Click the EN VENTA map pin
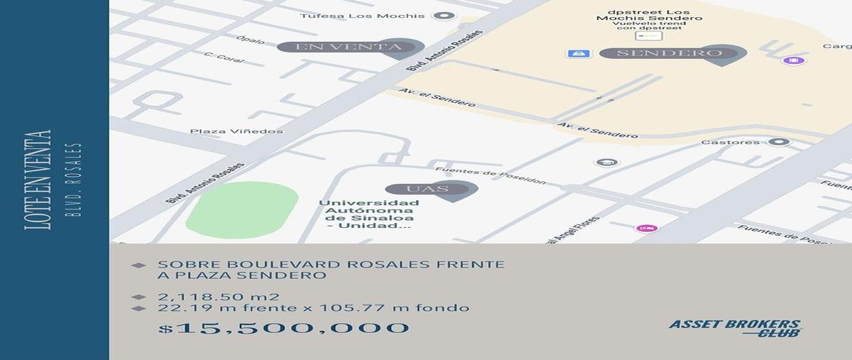[349, 48]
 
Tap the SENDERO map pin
[672, 53]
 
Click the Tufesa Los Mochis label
[362, 16]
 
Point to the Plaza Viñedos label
[236, 131]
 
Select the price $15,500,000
[284, 328]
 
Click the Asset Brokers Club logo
[736, 328]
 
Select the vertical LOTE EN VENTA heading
[38, 179]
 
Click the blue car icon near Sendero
[579, 53]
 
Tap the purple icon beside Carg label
[790, 60]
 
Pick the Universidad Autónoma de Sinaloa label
[368, 214]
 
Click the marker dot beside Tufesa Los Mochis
[444, 16]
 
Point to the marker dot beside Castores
[779, 142]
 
